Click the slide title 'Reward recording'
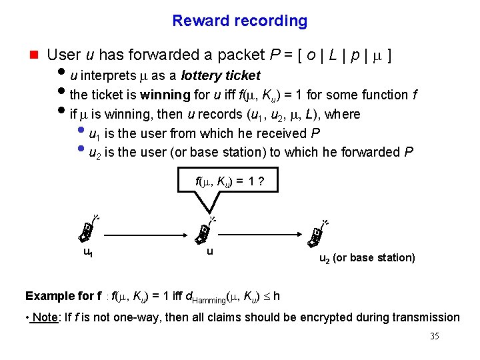(x=239, y=21)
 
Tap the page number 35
(x=435, y=336)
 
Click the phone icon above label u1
(x=87, y=230)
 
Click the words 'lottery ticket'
(x=221, y=75)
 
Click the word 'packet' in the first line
(x=253, y=55)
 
